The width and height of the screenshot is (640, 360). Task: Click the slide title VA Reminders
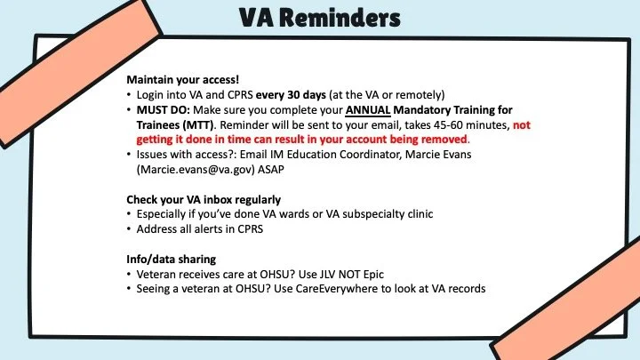[x=319, y=19]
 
